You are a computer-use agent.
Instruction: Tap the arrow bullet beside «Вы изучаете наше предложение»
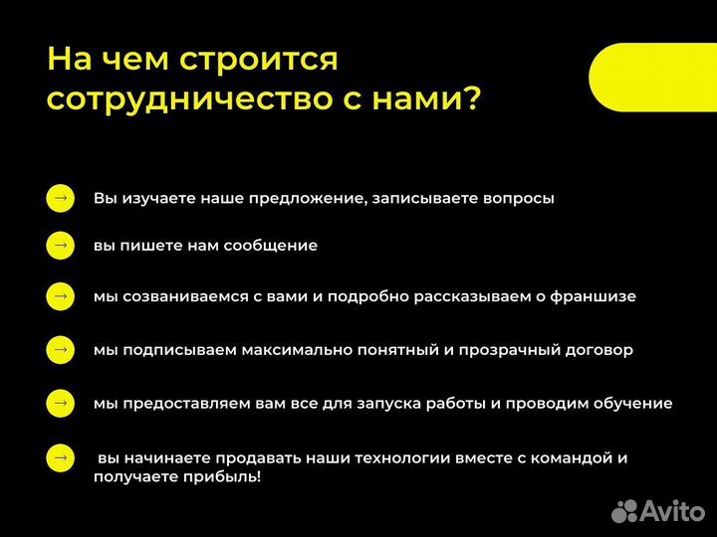click(60, 198)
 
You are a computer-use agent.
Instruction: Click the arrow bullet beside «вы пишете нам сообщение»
click(60, 245)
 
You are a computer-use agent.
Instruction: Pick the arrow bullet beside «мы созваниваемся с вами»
click(60, 296)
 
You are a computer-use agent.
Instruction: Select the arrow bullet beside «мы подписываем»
click(60, 350)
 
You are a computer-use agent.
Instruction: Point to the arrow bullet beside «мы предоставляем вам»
click(60, 403)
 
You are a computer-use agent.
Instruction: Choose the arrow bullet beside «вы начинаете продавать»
click(60, 457)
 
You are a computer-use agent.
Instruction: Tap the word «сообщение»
click(270, 245)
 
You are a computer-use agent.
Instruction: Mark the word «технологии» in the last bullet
click(389, 458)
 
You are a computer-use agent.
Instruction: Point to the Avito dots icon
click(623, 510)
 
